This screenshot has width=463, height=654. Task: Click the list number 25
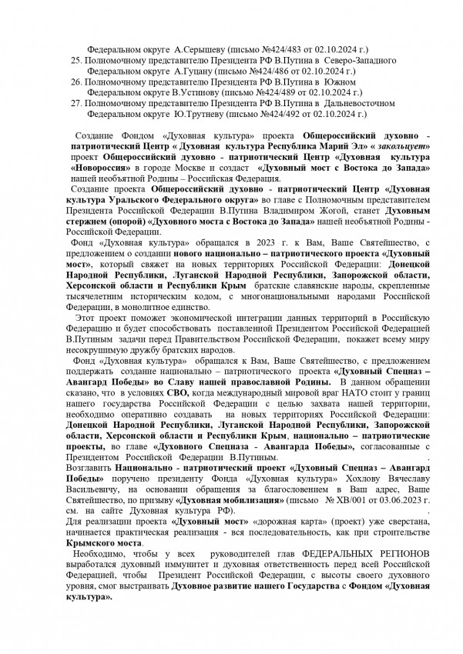click(75, 60)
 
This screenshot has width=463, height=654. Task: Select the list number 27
click(75, 101)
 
